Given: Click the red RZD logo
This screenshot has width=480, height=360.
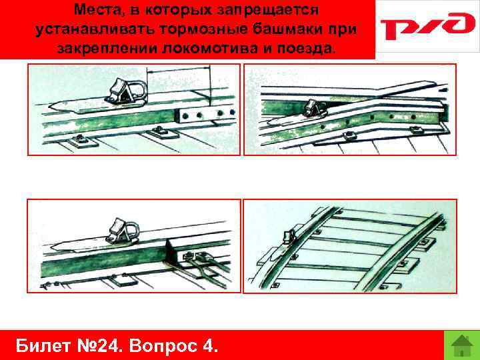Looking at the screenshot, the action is [427, 25].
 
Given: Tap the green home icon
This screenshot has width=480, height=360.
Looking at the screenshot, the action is [462, 345].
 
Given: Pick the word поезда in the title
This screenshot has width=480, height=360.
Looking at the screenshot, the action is [305, 49].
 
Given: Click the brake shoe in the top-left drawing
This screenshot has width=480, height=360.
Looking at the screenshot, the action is [126, 91].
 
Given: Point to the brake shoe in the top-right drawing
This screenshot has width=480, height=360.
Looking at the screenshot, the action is [316, 109].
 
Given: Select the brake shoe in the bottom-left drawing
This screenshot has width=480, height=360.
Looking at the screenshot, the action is [122, 231].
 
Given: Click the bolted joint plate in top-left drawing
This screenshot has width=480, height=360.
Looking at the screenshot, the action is [205, 115].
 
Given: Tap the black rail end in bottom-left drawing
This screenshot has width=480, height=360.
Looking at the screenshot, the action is [175, 251].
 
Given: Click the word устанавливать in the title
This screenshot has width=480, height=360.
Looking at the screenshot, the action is [95, 30].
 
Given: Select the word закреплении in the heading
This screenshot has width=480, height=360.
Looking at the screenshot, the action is [107, 49].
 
